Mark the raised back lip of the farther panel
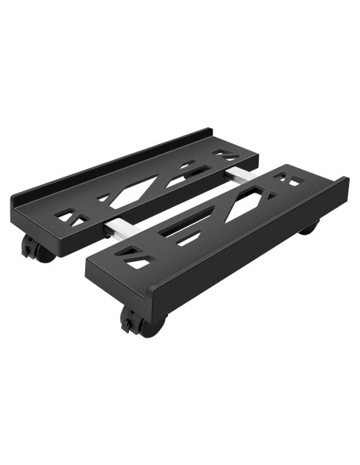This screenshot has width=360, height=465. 112,163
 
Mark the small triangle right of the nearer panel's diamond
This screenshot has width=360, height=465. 273,194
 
